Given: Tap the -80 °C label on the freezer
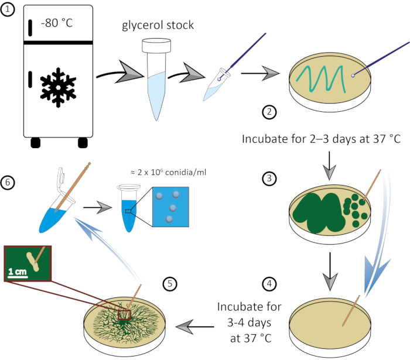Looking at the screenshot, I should (x=57, y=24).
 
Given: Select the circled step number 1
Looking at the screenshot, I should (x=8, y=8).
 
